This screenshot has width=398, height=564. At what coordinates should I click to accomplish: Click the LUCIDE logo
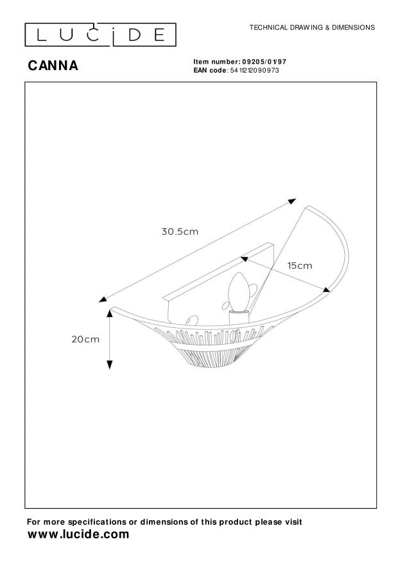pos(101,35)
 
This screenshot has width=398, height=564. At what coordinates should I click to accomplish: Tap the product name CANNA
pos(53,66)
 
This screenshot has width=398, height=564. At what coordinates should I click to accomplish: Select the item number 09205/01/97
pos(263,62)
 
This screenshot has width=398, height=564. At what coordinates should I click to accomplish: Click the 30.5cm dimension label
pos(180,232)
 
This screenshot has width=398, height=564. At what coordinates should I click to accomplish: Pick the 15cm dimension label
pos(300,266)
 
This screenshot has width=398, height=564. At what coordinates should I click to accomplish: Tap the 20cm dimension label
pos(85,339)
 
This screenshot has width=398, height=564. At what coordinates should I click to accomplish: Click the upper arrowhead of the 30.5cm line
pos(293,201)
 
